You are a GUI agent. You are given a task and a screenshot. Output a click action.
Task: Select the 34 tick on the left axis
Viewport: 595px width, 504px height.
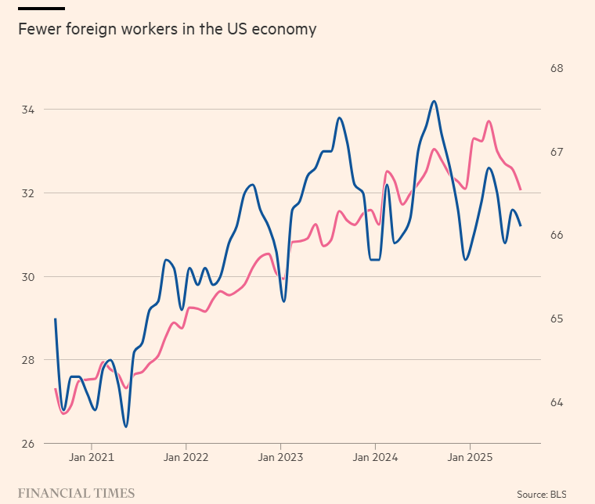point(28,110)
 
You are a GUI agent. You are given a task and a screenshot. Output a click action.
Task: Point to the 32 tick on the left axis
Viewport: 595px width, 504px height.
point(28,193)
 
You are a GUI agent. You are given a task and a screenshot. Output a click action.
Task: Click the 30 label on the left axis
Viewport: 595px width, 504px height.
point(28,277)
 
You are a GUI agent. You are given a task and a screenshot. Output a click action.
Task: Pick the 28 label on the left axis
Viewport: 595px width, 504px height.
point(28,360)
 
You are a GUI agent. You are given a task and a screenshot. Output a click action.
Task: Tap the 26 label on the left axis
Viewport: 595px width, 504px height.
point(28,443)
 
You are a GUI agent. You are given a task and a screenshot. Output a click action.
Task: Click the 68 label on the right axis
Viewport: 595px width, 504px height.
point(557,68)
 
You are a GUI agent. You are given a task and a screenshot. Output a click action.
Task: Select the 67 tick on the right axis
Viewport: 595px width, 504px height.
point(557,152)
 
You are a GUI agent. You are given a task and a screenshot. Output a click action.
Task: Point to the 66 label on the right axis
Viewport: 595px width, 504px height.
point(557,235)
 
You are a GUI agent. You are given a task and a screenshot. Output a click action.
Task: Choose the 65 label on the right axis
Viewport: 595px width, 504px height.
point(557,319)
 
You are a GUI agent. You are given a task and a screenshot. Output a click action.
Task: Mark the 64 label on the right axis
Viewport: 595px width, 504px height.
point(557,402)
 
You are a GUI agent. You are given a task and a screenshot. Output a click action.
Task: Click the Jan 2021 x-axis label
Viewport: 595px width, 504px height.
point(92,457)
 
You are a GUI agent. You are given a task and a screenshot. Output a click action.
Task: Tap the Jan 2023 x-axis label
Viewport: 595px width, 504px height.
point(281,457)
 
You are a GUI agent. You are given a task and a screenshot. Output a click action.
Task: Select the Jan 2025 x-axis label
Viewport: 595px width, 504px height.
point(470,457)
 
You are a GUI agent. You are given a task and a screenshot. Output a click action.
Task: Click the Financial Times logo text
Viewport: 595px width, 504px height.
point(76,493)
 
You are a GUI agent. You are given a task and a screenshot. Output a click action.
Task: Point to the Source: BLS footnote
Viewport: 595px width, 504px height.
point(542,495)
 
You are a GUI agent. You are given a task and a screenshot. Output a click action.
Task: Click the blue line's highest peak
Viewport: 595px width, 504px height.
point(434,101)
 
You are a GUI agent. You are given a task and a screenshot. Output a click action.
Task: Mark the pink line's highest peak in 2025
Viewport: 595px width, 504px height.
point(489,121)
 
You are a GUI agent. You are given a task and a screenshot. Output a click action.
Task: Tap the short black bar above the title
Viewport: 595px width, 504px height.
point(41,9)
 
